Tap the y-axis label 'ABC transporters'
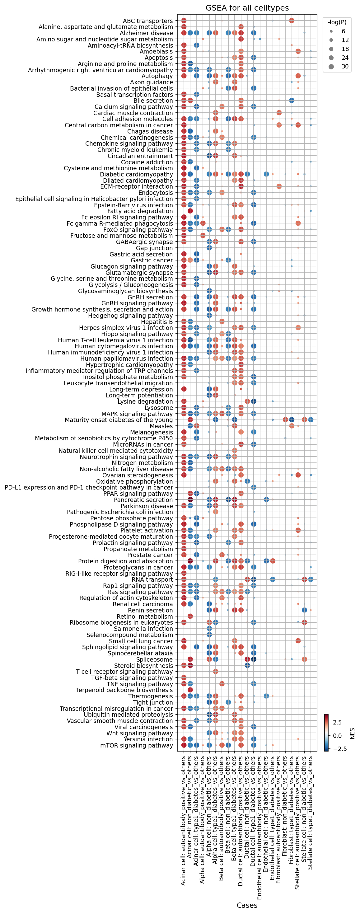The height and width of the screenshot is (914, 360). (x=147, y=21)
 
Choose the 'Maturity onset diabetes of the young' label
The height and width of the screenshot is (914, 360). (x=119, y=420)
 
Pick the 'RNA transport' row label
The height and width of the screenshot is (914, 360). (x=152, y=579)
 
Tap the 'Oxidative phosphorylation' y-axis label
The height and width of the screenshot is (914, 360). (x=134, y=481)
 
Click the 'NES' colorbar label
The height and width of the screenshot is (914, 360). (x=352, y=734)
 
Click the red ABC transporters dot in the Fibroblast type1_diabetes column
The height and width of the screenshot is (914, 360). (x=292, y=21)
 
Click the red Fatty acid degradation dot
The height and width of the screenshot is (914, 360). (x=190, y=211)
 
